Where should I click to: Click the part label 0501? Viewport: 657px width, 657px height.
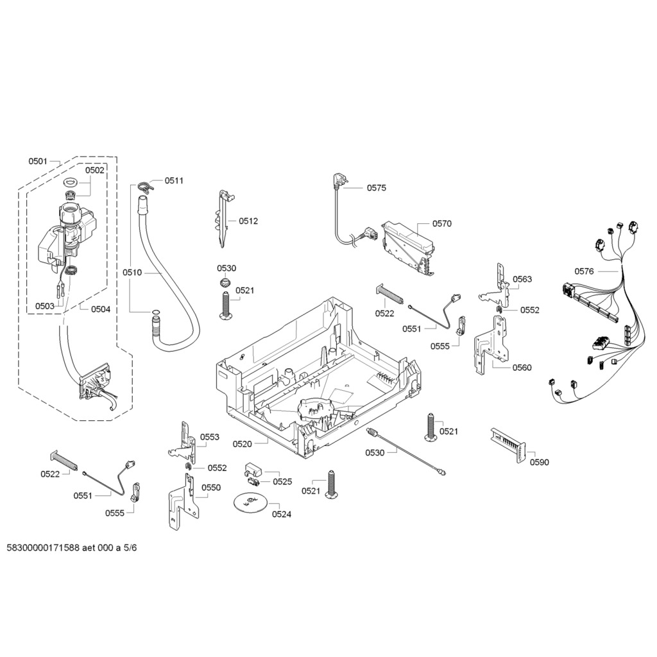tap(38, 161)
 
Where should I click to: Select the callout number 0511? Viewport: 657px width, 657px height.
tap(174, 180)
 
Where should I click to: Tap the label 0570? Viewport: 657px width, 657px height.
tap(441, 224)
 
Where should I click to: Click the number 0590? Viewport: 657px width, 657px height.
tap(539, 462)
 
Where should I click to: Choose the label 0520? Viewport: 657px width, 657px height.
tap(242, 444)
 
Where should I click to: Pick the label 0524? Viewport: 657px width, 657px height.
tap(282, 514)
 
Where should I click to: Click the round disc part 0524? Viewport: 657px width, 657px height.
tap(250, 502)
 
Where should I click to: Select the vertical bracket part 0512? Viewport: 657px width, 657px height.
tap(224, 218)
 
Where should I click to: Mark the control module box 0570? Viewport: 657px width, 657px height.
tap(409, 248)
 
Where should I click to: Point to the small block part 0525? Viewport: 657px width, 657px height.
tap(253, 473)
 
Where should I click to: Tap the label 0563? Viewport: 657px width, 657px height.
tap(522, 279)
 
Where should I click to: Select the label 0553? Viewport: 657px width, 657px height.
tap(210, 437)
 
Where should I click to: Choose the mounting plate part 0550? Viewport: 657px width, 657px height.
tap(183, 500)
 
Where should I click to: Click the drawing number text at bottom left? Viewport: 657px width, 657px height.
tap(72, 548)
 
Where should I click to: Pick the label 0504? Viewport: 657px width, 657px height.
tap(101, 309)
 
